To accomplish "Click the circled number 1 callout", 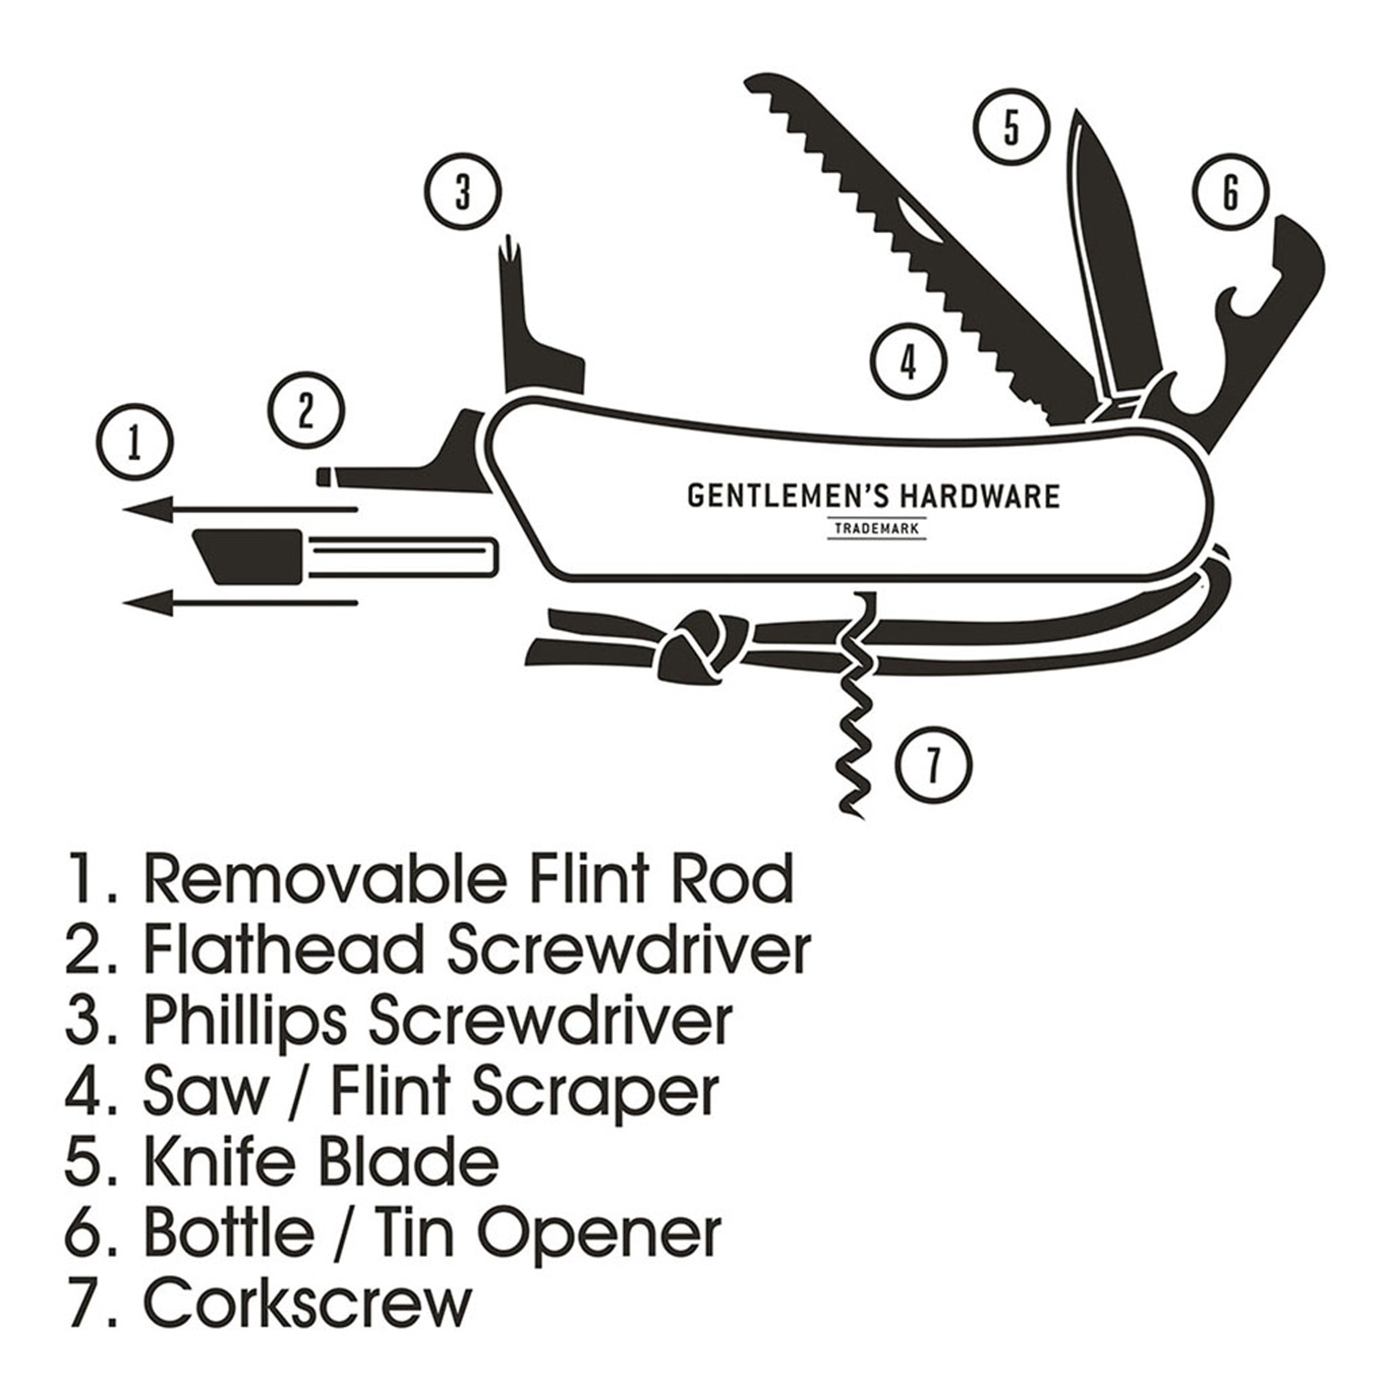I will (135, 442).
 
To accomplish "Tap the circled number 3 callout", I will (463, 193).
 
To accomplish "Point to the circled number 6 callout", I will (1231, 193).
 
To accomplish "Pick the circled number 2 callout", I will (306, 410).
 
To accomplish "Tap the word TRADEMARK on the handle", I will (877, 529).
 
